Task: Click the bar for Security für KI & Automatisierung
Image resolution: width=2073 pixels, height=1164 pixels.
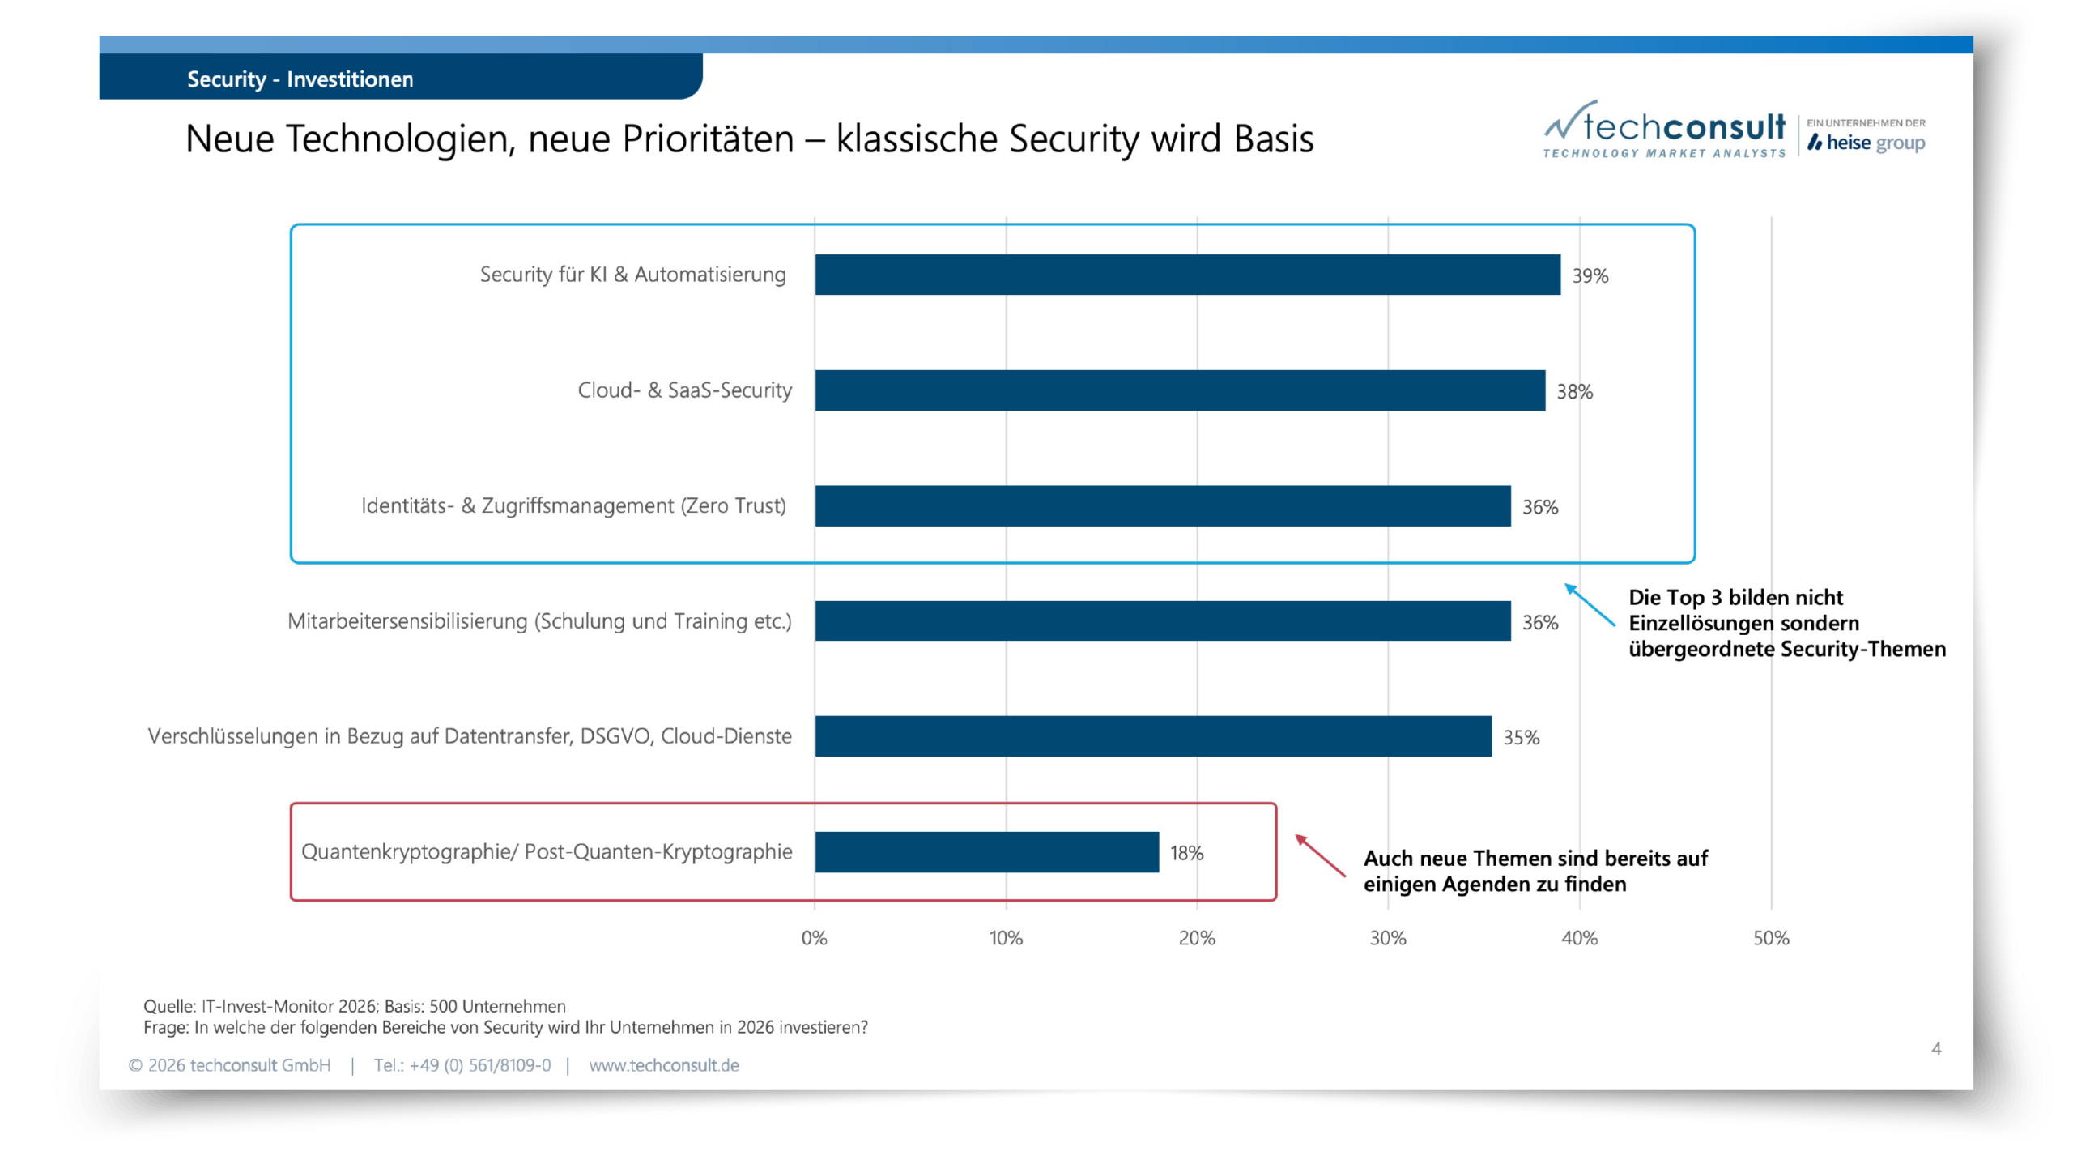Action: [1187, 275]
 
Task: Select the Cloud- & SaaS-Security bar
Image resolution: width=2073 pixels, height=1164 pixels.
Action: [1180, 390]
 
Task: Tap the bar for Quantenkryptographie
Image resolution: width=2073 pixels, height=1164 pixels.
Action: [986, 852]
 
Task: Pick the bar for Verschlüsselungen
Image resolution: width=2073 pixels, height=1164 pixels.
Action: [1153, 736]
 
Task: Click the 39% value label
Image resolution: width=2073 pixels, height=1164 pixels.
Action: [1590, 276]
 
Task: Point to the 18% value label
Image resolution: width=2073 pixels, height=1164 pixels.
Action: [1186, 853]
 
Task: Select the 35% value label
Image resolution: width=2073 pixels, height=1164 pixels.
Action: [1521, 738]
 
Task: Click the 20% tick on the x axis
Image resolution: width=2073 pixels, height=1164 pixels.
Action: [1197, 938]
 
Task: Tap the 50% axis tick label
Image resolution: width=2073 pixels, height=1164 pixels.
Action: [1771, 938]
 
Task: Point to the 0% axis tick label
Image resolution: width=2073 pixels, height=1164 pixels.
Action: [814, 938]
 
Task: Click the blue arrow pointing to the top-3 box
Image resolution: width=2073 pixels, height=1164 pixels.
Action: [1589, 604]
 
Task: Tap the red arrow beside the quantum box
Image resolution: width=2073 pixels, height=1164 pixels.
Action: [1320, 855]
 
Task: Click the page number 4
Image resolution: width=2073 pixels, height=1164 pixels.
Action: [1936, 1049]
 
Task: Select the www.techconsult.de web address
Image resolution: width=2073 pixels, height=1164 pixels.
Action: [664, 1065]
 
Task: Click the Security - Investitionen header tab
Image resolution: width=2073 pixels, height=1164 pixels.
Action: [300, 79]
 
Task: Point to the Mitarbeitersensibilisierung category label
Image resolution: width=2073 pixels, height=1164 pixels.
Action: [539, 621]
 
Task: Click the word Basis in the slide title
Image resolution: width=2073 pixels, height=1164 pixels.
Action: [1274, 139]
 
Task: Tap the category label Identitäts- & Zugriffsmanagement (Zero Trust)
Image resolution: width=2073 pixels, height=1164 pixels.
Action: [573, 506]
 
